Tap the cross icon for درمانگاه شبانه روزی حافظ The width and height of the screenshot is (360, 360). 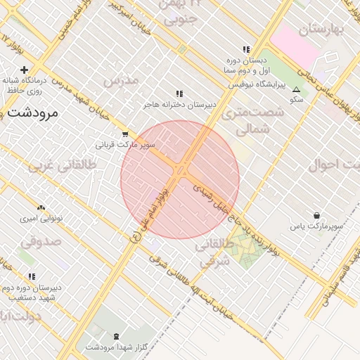click(x=25, y=70)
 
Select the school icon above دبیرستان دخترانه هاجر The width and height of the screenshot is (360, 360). click(x=180, y=94)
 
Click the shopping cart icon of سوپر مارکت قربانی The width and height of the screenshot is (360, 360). click(x=125, y=134)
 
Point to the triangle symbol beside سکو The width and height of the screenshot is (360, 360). click(x=296, y=90)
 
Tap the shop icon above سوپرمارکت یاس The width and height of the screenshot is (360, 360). click(x=316, y=215)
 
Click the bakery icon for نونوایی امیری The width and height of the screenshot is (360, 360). click(x=40, y=207)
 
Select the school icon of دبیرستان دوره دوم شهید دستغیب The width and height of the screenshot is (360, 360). click(x=31, y=277)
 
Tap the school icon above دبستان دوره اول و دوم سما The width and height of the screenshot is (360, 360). click(x=245, y=49)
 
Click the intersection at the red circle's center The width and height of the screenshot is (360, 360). click(x=181, y=171)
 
